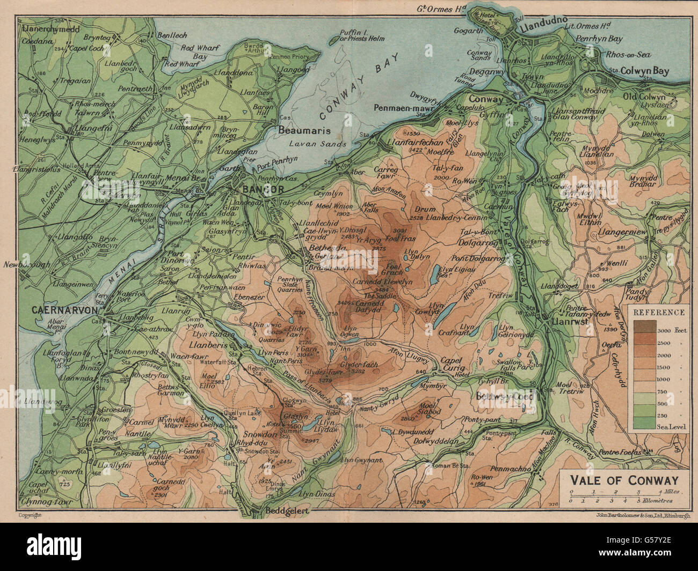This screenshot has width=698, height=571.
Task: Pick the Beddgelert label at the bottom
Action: pyautogui.click(x=287, y=511)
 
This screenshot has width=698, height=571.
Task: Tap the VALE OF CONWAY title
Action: pyautogui.click(x=624, y=480)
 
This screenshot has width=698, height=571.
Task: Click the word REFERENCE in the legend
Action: pyautogui.click(x=659, y=312)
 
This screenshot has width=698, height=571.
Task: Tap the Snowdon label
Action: pyautogui.click(x=260, y=435)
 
